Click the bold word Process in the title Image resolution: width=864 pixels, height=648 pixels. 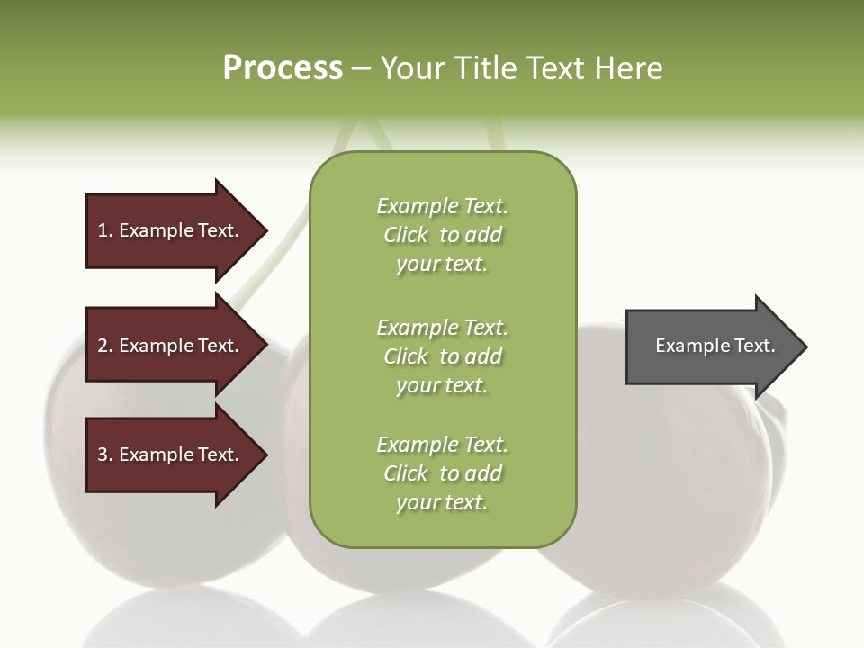(283, 68)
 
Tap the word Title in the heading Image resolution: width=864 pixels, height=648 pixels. (485, 68)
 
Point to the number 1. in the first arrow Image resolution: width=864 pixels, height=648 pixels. (105, 230)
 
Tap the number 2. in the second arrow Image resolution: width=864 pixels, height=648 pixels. (105, 346)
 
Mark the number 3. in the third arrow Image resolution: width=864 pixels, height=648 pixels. (105, 454)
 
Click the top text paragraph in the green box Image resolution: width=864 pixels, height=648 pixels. (442, 235)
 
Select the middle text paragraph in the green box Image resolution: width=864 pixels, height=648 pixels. (442, 356)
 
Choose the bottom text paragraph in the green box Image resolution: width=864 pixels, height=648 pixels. (442, 473)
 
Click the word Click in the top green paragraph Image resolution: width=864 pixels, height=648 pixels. (405, 235)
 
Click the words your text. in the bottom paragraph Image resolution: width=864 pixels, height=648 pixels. (442, 502)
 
